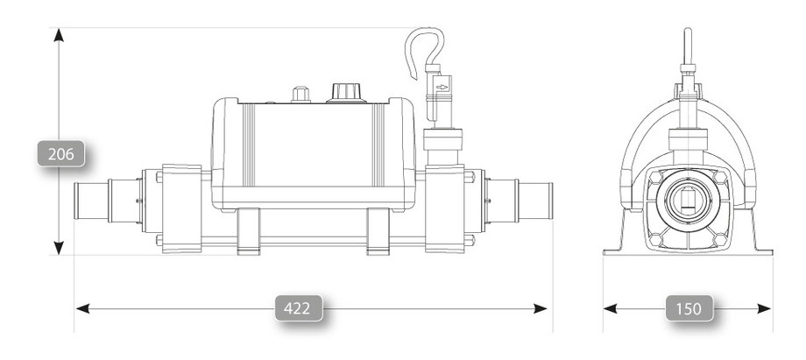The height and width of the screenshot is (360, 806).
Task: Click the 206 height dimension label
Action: [x=59, y=154]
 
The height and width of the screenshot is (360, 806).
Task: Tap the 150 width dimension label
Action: [x=688, y=308]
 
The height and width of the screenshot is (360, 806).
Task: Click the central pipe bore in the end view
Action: [x=687, y=201]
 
